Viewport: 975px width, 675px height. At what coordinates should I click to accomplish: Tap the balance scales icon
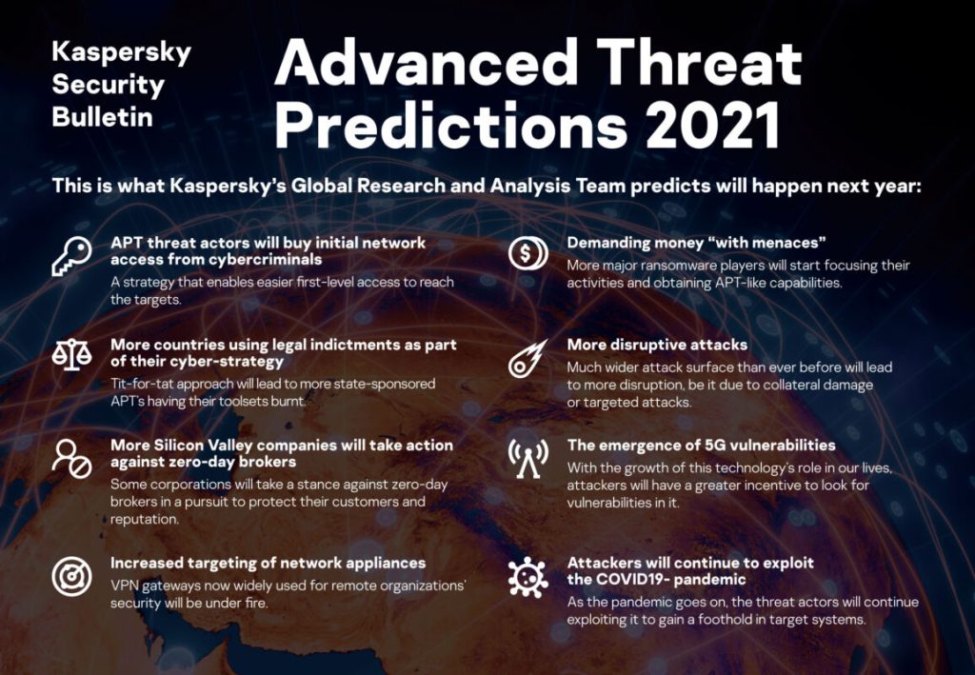pyautogui.click(x=71, y=356)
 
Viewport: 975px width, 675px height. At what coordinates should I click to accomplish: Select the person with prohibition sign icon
pyautogui.click(x=71, y=458)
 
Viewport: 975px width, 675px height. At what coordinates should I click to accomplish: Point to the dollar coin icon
pyautogui.click(x=527, y=252)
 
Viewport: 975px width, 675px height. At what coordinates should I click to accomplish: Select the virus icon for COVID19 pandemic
pyautogui.click(x=527, y=577)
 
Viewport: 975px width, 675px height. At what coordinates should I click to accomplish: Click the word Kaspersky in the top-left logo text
pyautogui.click(x=121, y=51)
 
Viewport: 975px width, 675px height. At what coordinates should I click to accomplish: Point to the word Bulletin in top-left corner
pyautogui.click(x=102, y=117)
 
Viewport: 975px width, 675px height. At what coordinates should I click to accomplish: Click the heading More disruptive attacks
pyautogui.click(x=657, y=345)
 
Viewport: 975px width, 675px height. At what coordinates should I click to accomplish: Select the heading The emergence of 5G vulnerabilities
pyautogui.click(x=701, y=445)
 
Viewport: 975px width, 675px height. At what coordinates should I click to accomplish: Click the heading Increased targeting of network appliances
pyautogui.click(x=268, y=563)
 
